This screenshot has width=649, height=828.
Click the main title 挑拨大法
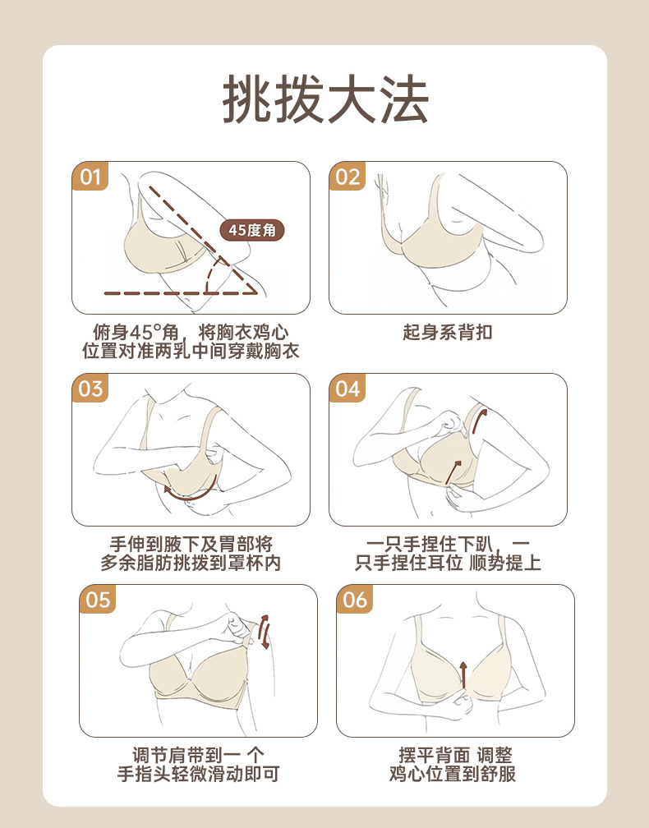point(324,100)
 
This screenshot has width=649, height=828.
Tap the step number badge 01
point(90,177)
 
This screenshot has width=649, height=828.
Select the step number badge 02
point(348,177)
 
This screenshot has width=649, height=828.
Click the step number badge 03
point(90,388)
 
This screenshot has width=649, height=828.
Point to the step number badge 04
point(348,388)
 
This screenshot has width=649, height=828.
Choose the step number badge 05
point(98,600)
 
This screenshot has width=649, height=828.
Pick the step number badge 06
point(355,600)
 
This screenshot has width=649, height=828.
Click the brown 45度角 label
point(252,230)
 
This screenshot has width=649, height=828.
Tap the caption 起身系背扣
point(448,332)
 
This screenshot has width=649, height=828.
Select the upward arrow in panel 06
point(463,674)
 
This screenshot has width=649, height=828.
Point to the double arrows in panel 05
point(265,632)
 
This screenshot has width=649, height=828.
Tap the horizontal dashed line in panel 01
point(181,293)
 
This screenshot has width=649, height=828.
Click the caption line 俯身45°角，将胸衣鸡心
point(191,332)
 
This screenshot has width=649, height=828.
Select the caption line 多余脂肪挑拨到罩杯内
point(191,563)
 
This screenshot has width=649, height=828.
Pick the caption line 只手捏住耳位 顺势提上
point(448,563)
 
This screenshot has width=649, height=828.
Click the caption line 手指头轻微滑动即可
point(198,774)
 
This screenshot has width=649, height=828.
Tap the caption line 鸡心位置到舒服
point(453,774)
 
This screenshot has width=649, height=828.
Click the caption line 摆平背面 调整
point(455,755)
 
